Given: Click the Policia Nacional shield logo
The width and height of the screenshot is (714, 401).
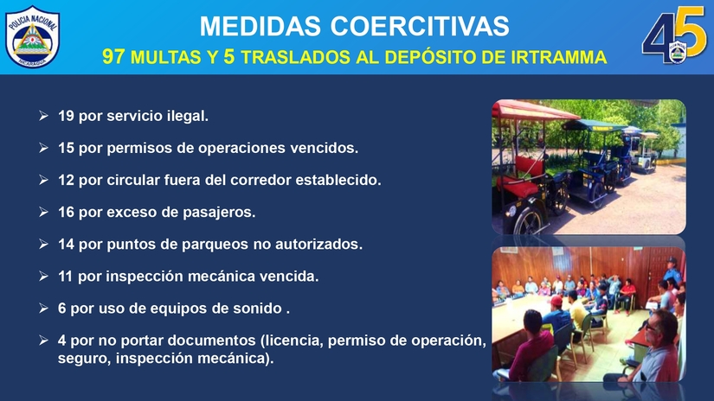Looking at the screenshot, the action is tap(32, 36).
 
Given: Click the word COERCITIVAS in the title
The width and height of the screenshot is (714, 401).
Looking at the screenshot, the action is tap(420, 27).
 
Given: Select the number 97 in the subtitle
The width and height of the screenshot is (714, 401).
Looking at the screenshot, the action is tap(113, 57).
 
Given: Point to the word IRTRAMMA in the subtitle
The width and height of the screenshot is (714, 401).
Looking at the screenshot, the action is tap(559, 57).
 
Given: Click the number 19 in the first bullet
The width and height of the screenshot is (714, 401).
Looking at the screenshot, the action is tap(66, 116).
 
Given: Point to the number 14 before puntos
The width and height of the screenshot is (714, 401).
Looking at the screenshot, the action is tap(66, 245).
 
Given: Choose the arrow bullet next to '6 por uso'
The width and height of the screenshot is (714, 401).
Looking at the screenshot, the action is tap(44, 309).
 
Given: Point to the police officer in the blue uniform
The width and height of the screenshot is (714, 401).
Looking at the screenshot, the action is tap(672, 271).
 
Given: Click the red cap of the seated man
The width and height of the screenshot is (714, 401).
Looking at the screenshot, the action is tap(556, 301).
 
